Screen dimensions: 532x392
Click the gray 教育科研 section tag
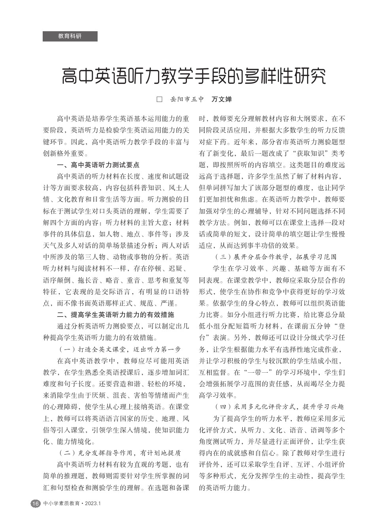(x=70, y=36)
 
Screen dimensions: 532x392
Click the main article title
(x=194, y=76)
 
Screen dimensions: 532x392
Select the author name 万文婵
(x=222, y=99)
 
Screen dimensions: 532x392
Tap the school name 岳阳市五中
(x=187, y=99)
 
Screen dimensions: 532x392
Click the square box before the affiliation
(x=160, y=99)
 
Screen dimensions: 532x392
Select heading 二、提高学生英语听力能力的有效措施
(x=115, y=315)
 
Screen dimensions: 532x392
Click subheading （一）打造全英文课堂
(x=120, y=349)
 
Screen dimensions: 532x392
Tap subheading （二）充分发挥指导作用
(x=120, y=453)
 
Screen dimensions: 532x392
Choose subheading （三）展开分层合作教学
(x=276, y=257)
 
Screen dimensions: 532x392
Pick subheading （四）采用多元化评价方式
(x=279, y=407)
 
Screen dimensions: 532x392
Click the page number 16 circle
(x=36, y=504)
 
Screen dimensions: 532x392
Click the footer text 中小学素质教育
(x=61, y=504)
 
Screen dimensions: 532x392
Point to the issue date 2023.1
(x=93, y=504)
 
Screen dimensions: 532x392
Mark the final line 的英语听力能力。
(x=225, y=488)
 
